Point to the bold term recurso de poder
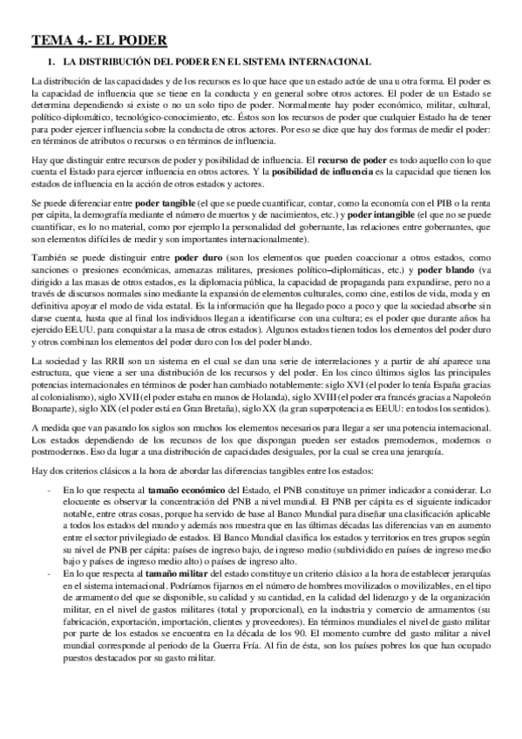coord(352,161)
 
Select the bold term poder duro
coord(197,260)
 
